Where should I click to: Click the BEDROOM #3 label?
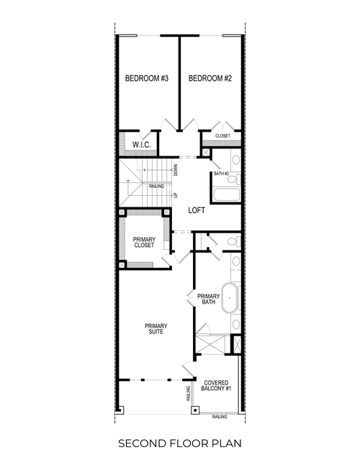(146, 78)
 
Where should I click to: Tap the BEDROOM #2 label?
(210, 78)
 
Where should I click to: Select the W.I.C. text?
(140, 145)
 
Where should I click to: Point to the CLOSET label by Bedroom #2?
(222, 135)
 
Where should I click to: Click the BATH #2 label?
(221, 174)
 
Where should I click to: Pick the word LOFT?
(197, 211)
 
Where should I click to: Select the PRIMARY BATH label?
(208, 300)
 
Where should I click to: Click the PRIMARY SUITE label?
(156, 328)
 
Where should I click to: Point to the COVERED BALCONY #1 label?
(217, 386)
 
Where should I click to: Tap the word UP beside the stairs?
(175, 195)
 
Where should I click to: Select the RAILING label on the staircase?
(157, 186)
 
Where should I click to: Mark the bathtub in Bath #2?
(226, 192)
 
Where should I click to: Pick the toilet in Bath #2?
(233, 161)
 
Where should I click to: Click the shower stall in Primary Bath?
(210, 341)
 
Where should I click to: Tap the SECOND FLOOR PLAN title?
(179, 441)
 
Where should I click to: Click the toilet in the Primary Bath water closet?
(233, 241)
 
